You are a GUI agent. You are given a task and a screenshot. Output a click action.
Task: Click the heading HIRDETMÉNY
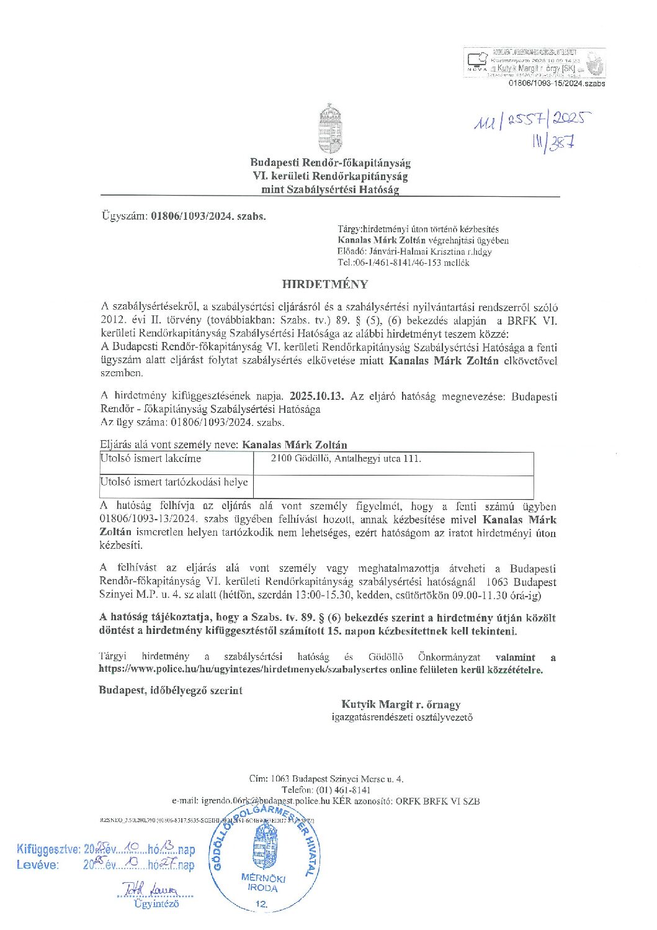[x=325, y=284]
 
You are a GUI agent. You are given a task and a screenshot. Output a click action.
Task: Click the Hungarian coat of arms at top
[x=330, y=129]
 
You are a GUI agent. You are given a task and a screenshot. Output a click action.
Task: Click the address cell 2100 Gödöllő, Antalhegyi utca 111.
[x=346, y=459]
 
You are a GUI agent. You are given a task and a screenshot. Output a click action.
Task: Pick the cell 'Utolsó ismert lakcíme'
[x=151, y=459]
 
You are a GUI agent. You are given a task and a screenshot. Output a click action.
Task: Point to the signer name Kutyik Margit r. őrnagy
[x=401, y=704]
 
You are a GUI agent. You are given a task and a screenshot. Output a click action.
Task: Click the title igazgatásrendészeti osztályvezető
[x=402, y=717]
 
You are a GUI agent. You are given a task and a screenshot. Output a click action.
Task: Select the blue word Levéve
[x=38, y=865]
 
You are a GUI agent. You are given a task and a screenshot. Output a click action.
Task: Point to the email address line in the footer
[x=325, y=801]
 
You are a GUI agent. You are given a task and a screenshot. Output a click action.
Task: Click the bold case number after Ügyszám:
[x=208, y=217]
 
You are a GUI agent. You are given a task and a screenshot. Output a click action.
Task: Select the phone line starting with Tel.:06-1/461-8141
[x=403, y=263]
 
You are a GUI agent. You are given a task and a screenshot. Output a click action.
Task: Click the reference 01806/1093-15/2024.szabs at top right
[x=556, y=83]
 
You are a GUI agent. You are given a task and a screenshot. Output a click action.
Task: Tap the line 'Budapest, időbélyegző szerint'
[x=171, y=690]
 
